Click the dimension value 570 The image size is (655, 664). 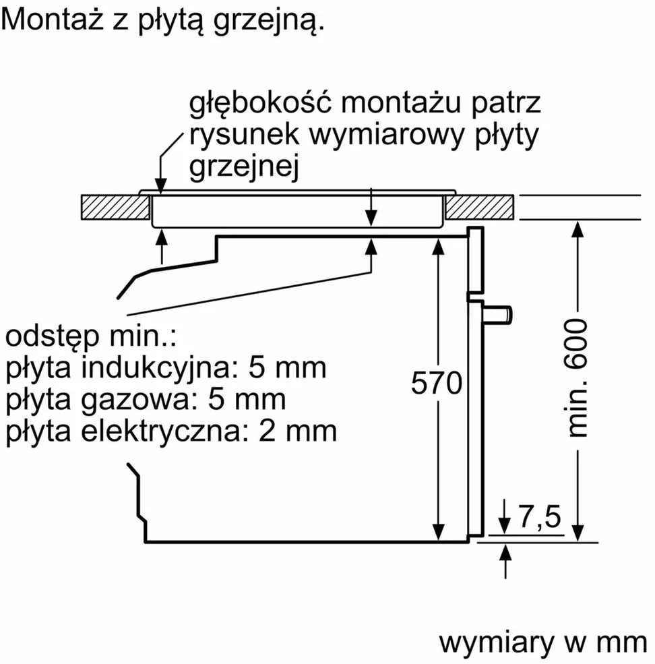coord(437,383)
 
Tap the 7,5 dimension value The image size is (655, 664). coord(540,516)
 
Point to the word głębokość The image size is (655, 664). coord(260,103)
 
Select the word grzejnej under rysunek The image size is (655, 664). coord(244,167)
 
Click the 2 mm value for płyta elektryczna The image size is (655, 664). coord(297,431)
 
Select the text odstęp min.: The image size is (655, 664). coord(91,336)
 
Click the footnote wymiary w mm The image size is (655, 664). coord(543,643)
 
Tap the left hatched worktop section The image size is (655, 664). coord(115,208)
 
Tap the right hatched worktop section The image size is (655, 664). coord(479,208)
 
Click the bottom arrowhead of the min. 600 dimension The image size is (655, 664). coord(578,533)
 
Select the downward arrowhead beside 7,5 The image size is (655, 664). coord(504,526)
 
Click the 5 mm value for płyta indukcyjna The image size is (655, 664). coord(286,368)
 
